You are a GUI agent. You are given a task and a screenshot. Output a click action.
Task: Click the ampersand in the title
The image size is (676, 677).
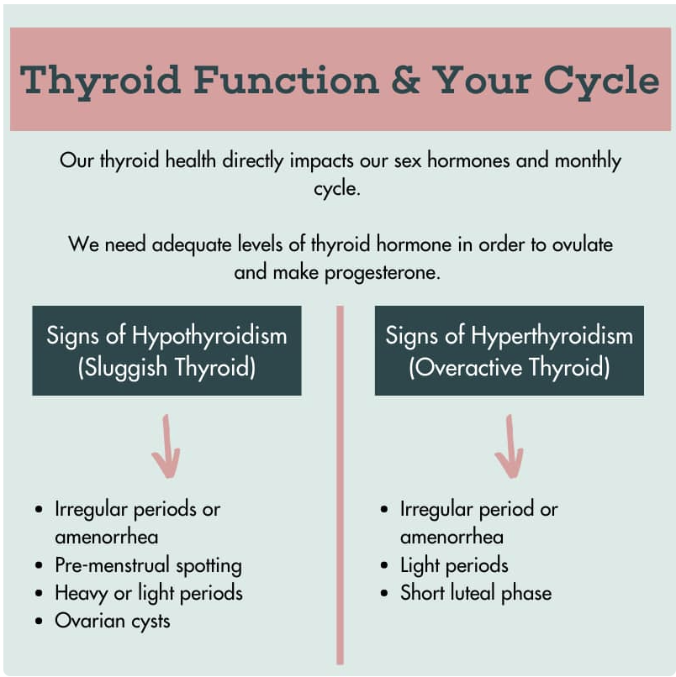point(406,80)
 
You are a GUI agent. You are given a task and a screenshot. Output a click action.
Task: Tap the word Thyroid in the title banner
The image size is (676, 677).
point(100,82)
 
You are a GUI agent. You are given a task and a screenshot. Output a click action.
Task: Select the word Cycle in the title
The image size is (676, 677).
point(601,82)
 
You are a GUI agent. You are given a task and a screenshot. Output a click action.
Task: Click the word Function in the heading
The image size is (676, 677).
point(286,80)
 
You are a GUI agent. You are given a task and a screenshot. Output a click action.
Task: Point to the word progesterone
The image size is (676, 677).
point(383,273)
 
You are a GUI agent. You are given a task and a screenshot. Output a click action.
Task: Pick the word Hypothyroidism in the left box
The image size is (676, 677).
point(209,336)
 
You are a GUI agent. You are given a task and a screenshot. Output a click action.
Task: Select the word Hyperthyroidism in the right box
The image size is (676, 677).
point(552,336)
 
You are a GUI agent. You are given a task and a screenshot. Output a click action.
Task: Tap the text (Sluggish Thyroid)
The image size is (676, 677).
point(166,368)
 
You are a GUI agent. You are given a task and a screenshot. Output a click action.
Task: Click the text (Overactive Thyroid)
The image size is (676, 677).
point(510,368)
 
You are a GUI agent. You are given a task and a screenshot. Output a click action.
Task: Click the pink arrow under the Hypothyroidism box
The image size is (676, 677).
point(166,447)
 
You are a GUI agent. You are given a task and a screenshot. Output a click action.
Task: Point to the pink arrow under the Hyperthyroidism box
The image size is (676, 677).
point(510,447)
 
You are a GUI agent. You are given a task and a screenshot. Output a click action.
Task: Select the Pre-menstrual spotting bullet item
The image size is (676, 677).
point(148,566)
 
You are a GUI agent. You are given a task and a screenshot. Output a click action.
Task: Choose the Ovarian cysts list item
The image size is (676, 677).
point(113,622)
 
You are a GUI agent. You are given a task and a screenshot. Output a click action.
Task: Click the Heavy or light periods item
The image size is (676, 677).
point(149,594)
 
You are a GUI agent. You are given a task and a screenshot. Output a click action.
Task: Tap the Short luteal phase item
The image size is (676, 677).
point(476,593)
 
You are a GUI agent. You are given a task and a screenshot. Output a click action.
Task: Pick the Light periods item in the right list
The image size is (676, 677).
point(454,565)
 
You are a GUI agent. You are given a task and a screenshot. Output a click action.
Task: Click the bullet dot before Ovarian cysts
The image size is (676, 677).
point(39,622)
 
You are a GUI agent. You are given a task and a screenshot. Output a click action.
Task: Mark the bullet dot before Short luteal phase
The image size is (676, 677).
point(384,593)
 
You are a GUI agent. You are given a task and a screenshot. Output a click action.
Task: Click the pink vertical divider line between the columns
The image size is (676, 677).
point(341,485)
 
